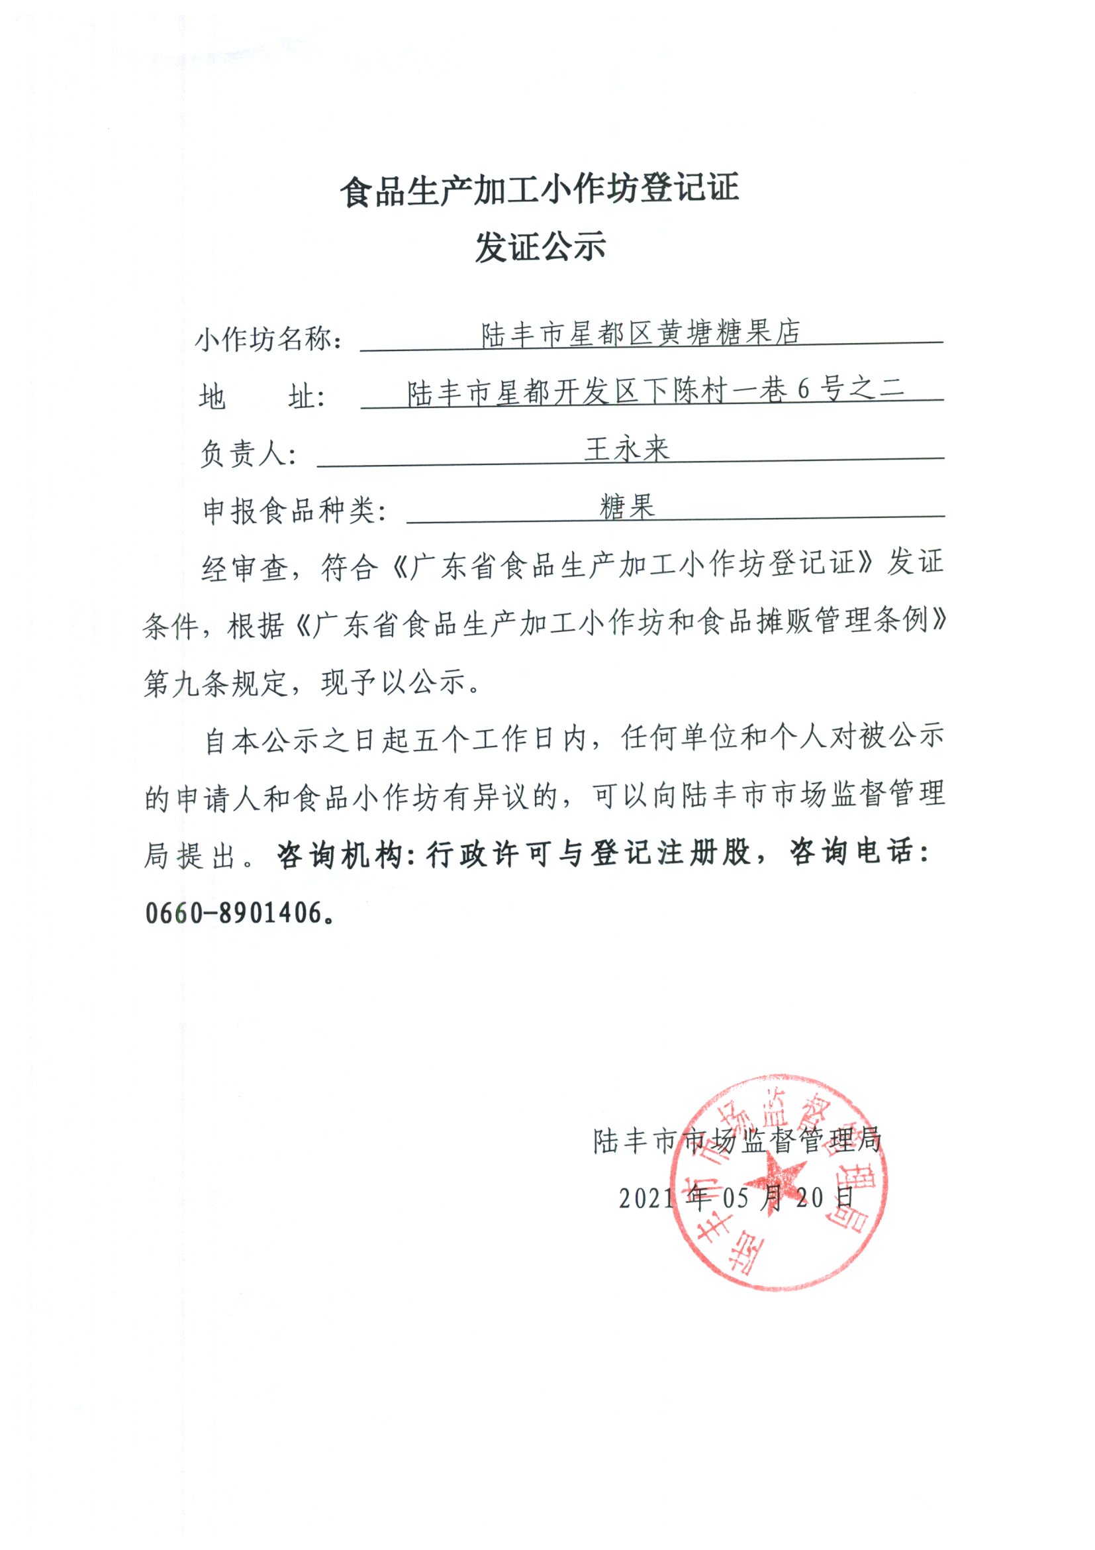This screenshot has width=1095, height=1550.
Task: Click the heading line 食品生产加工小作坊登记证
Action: pyautogui.click(x=540, y=189)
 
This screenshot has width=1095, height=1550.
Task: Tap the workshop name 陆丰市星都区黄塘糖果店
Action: pyautogui.click(x=640, y=333)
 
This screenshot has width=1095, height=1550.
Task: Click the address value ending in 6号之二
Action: pyautogui.click(x=655, y=391)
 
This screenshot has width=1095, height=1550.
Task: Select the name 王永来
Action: pyautogui.click(x=627, y=449)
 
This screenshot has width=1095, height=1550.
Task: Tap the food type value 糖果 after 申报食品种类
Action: pyautogui.click(x=627, y=506)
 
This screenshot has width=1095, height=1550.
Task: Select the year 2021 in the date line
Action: pyautogui.click(x=645, y=1198)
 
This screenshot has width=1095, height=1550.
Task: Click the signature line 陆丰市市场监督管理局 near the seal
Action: pyautogui.click(x=737, y=1141)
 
